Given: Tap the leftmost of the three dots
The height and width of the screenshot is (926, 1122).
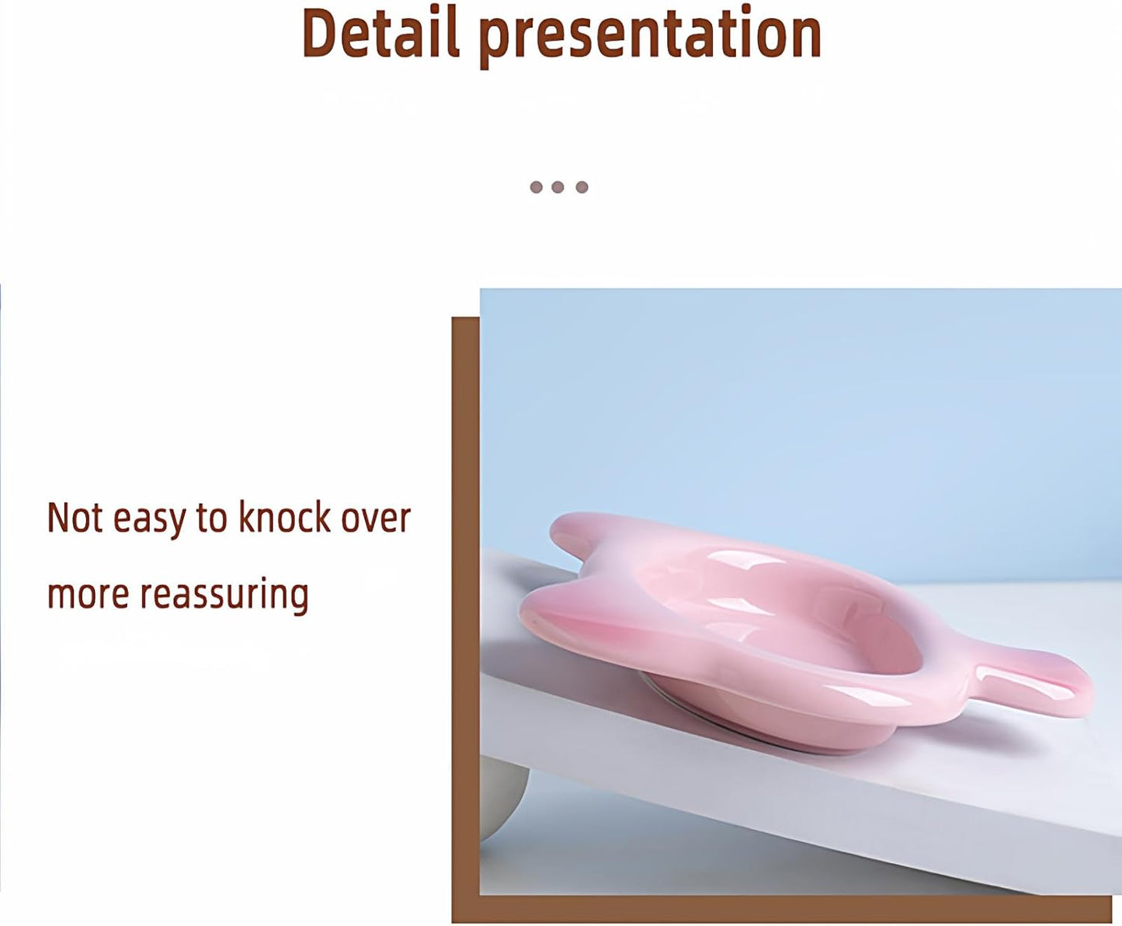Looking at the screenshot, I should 536,187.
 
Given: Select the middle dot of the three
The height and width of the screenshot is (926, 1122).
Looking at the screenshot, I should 558,187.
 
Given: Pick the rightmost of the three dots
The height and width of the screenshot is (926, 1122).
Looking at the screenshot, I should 582,187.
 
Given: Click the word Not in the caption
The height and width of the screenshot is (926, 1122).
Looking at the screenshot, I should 75,518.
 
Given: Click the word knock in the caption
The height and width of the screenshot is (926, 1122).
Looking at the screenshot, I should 284,518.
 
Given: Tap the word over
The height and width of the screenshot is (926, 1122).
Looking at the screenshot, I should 376,518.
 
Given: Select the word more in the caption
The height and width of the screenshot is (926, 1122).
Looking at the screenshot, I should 88,595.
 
